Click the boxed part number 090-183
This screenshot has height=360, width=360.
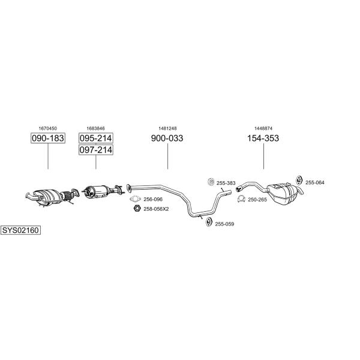tap(48, 138)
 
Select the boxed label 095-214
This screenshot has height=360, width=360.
tap(96, 138)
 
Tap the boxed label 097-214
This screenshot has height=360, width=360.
tap(96, 149)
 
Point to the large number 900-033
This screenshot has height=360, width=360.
tap(167, 138)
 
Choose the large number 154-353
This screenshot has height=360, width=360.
tap(263, 138)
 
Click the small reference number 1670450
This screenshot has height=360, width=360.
tap(48, 128)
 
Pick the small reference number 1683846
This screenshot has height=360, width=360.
tap(95, 128)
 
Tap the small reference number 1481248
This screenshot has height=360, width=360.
tap(167, 128)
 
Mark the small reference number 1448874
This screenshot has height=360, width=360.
tap(263, 128)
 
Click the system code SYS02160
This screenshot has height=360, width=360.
tap(20, 230)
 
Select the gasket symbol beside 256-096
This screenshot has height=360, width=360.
tap(135, 199)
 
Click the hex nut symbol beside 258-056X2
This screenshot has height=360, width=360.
tap(137, 208)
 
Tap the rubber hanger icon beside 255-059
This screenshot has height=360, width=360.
tap(208, 222)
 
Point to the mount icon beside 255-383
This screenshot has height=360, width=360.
tap(211, 182)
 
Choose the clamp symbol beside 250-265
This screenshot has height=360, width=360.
tap(241, 199)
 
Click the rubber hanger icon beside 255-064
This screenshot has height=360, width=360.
tap(299, 181)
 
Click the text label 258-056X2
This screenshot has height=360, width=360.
tap(156, 209)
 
